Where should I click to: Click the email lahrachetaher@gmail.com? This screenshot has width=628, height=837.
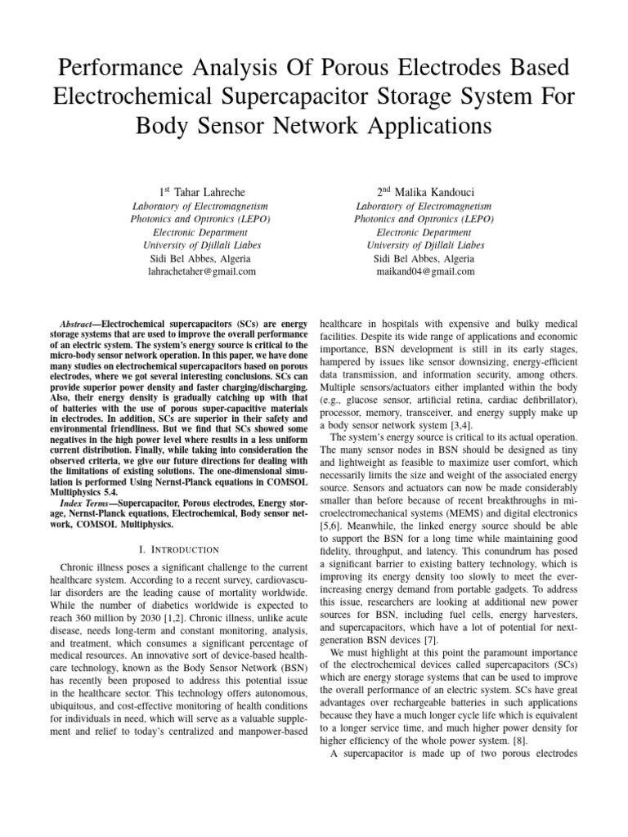(x=194, y=271)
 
